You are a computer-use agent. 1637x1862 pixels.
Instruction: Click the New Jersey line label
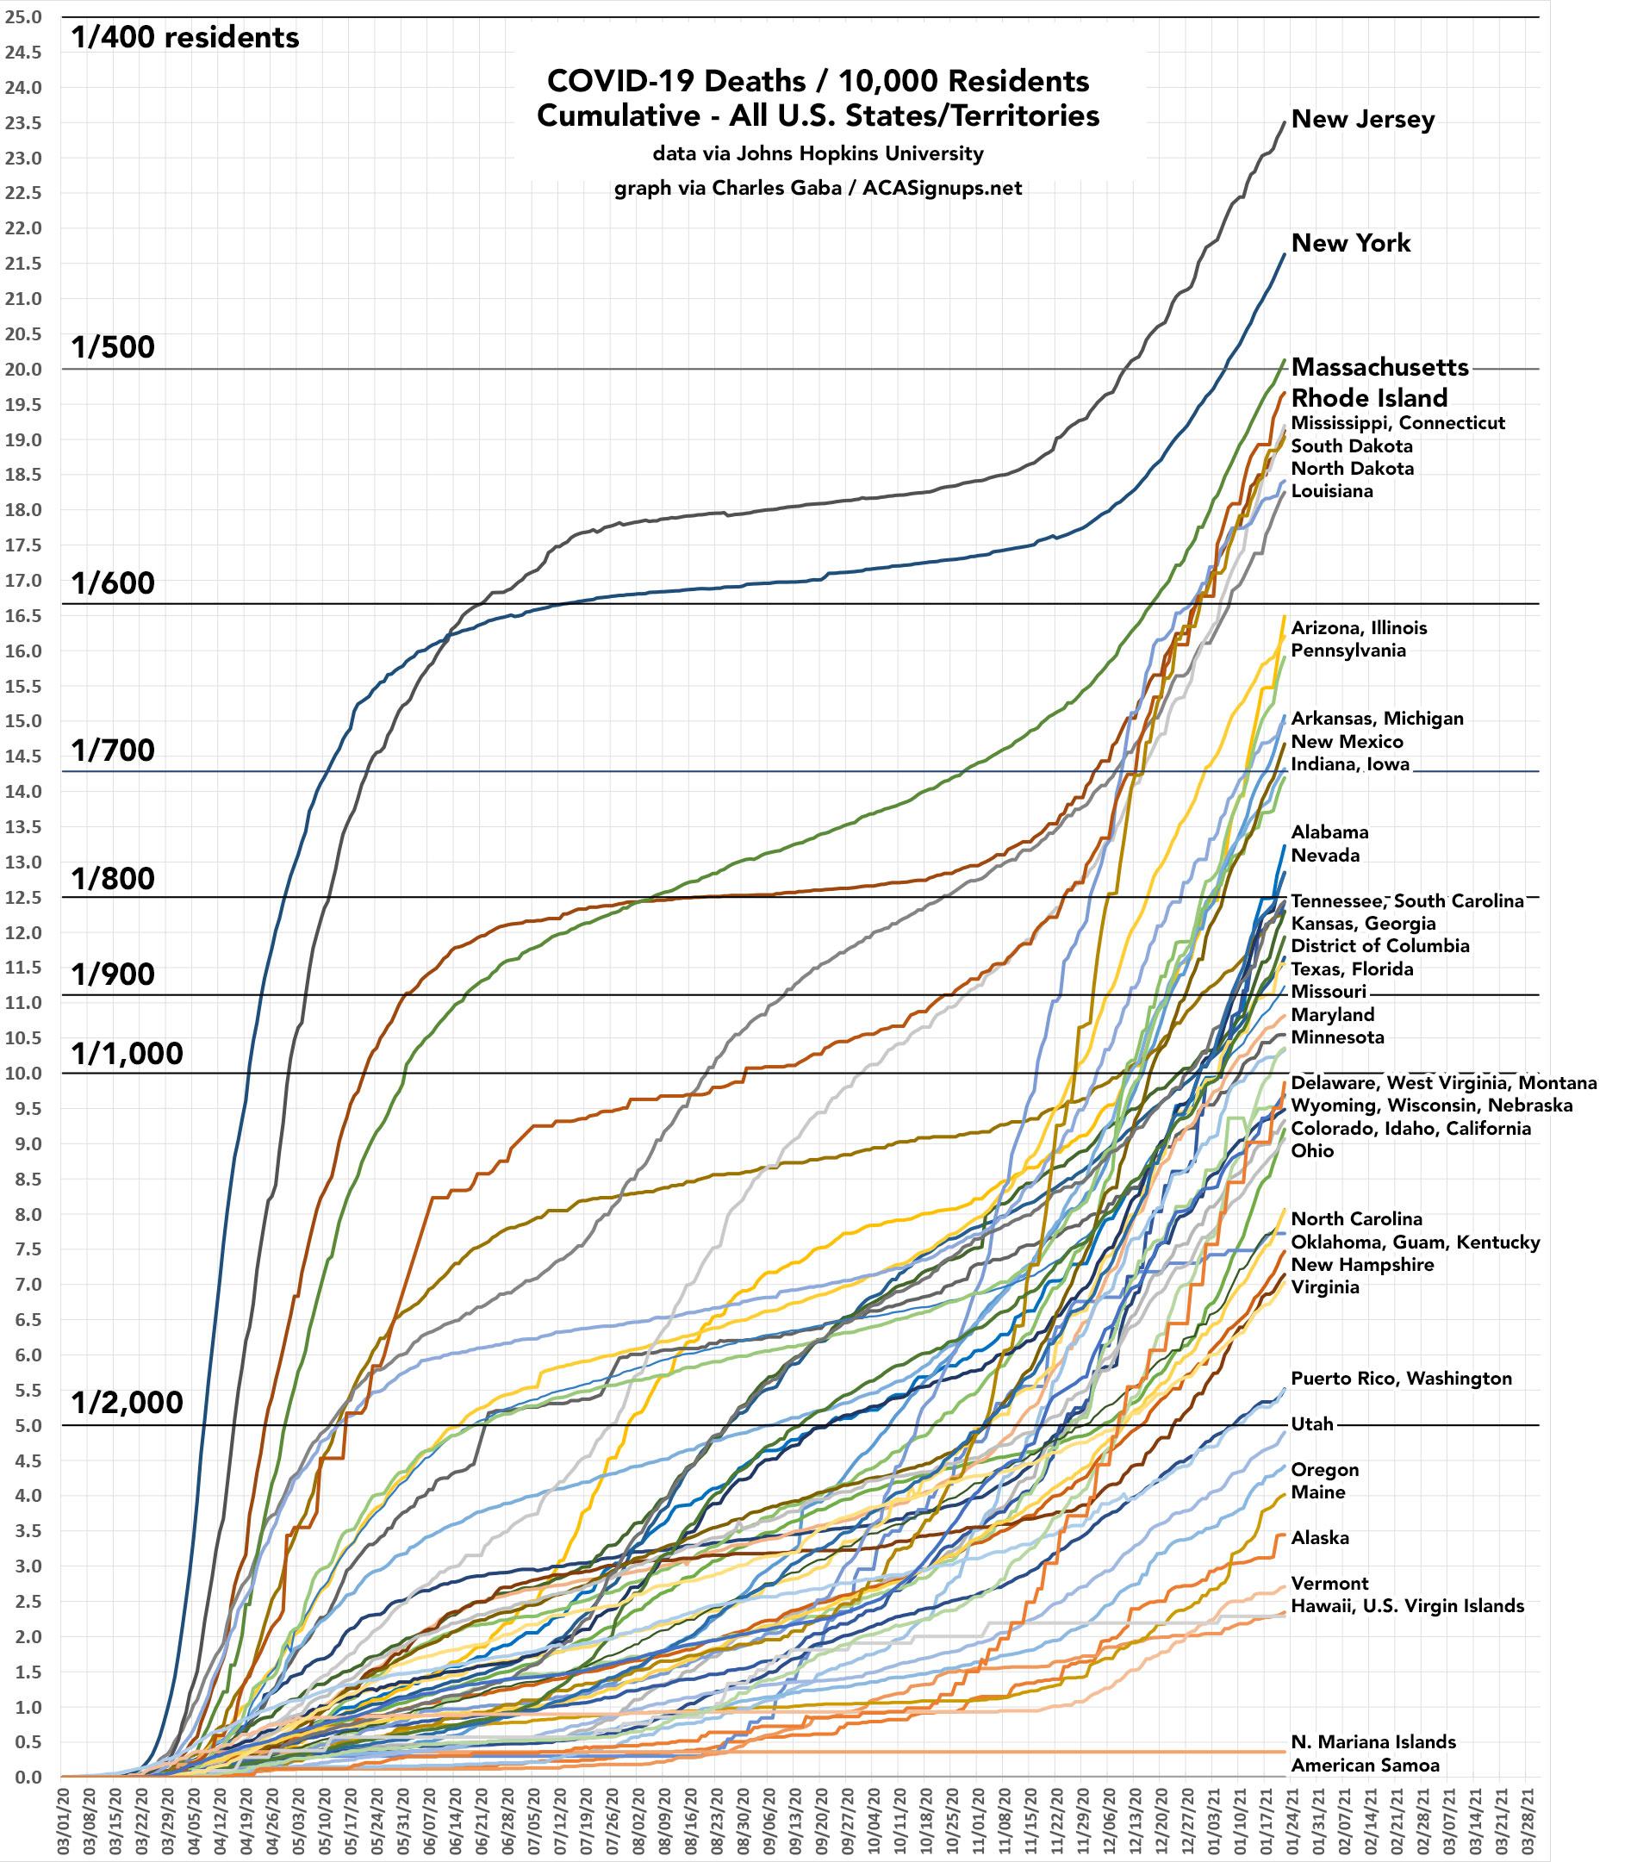pos(1363,119)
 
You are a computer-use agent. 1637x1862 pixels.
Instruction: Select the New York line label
pos(1351,243)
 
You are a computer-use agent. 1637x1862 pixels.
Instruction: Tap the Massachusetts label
pos(1379,367)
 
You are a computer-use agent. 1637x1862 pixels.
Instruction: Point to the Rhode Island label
pos(1369,398)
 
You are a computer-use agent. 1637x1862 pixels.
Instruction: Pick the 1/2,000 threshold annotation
pos(128,1403)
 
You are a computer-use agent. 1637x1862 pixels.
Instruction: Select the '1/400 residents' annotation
pos(184,37)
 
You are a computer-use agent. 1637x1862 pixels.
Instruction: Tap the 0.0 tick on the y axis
pos(28,1778)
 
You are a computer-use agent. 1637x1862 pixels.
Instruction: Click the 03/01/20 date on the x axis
pos(63,1821)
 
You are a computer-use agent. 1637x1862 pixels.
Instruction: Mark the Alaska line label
pos(1320,1538)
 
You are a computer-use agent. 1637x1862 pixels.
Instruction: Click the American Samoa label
pos(1365,1765)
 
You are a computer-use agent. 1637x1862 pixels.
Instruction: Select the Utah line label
pos(1312,1423)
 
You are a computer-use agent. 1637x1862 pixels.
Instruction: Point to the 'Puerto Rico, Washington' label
pos(1401,1379)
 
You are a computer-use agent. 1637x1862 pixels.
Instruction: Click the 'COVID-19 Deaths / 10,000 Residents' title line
pos(817,81)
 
